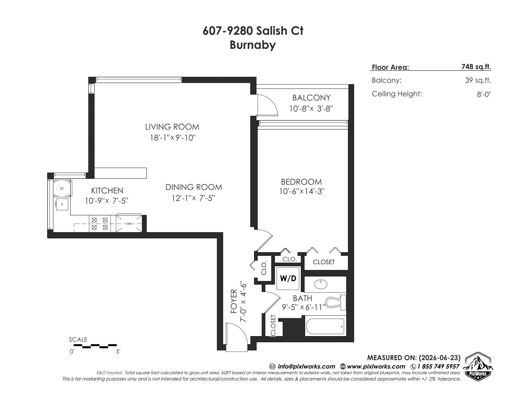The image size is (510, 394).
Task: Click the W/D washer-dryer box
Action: [x=288, y=278]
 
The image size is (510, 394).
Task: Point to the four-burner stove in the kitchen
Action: [x=100, y=224]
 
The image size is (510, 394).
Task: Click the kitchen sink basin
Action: [x=62, y=204]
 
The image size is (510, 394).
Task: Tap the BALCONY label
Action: [x=311, y=98]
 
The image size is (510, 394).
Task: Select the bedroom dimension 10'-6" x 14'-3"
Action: [x=302, y=191]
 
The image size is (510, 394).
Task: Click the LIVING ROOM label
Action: [x=172, y=127]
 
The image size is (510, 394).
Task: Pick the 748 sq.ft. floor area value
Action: [x=476, y=67]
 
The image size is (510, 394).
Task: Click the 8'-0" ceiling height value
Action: [x=484, y=95]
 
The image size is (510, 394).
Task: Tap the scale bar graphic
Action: [x=95, y=346]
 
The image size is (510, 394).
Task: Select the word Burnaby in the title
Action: [x=253, y=45]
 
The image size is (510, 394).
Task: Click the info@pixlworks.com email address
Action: [x=306, y=366]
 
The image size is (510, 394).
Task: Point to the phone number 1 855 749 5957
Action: [x=438, y=366]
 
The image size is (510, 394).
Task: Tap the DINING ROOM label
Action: [x=194, y=187]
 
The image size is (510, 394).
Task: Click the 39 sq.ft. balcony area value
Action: [x=478, y=80]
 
